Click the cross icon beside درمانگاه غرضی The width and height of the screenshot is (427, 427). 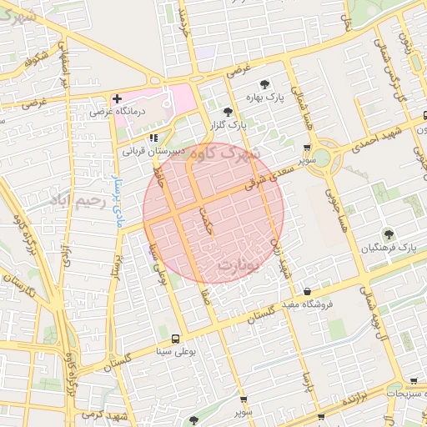pyautogui.click(x=118, y=98)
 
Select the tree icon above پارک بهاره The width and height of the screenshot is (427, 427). pyautogui.click(x=265, y=83)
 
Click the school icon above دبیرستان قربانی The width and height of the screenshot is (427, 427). pyautogui.click(x=153, y=138)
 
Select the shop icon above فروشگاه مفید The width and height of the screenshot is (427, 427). pyautogui.click(x=308, y=292)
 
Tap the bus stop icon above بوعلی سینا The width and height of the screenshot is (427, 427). pyautogui.click(x=175, y=339)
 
